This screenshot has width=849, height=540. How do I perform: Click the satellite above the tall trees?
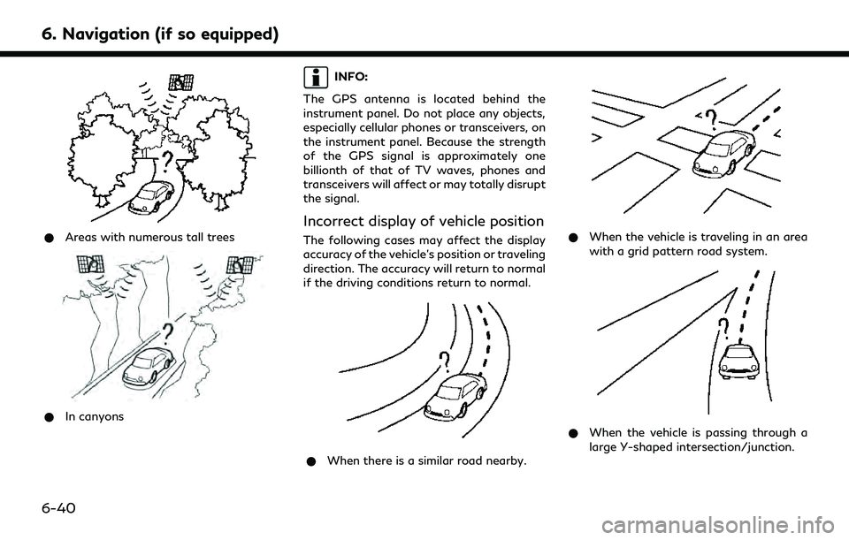[x=184, y=82]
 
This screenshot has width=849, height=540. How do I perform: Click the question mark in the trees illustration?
[x=167, y=160]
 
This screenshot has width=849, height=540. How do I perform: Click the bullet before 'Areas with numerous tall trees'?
[x=55, y=238]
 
